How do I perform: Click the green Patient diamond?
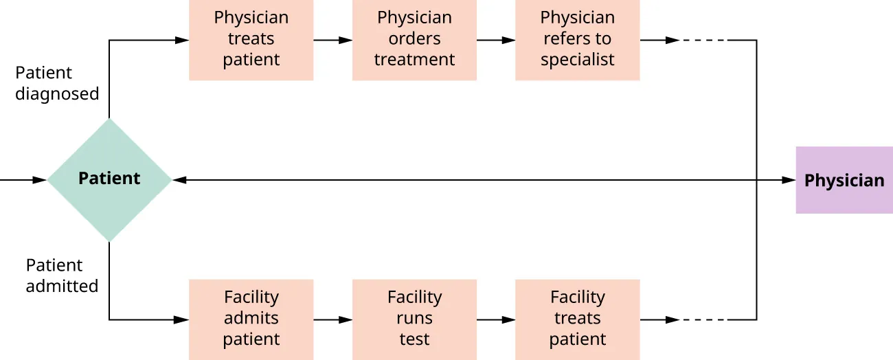[x=109, y=179]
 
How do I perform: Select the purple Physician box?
[x=844, y=180]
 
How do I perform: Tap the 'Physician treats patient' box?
[x=251, y=39]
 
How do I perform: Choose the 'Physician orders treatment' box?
[x=414, y=39]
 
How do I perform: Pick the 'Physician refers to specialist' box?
[x=577, y=39]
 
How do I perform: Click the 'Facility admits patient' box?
[x=251, y=319]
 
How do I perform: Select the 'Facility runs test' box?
[x=414, y=319]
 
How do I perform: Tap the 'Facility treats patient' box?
[x=577, y=319]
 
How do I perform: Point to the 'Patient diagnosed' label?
[x=57, y=83]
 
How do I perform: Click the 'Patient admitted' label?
[x=62, y=275]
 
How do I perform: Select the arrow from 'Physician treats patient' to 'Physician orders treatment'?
[x=333, y=40]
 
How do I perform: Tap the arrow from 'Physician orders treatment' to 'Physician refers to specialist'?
[x=496, y=40]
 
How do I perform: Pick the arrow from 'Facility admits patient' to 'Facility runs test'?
[x=333, y=319]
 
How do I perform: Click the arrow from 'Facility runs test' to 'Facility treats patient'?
[x=496, y=319]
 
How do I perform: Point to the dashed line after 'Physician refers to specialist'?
[x=704, y=40]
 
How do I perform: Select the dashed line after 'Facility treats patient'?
[x=704, y=319]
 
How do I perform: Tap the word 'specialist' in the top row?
[x=577, y=60]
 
